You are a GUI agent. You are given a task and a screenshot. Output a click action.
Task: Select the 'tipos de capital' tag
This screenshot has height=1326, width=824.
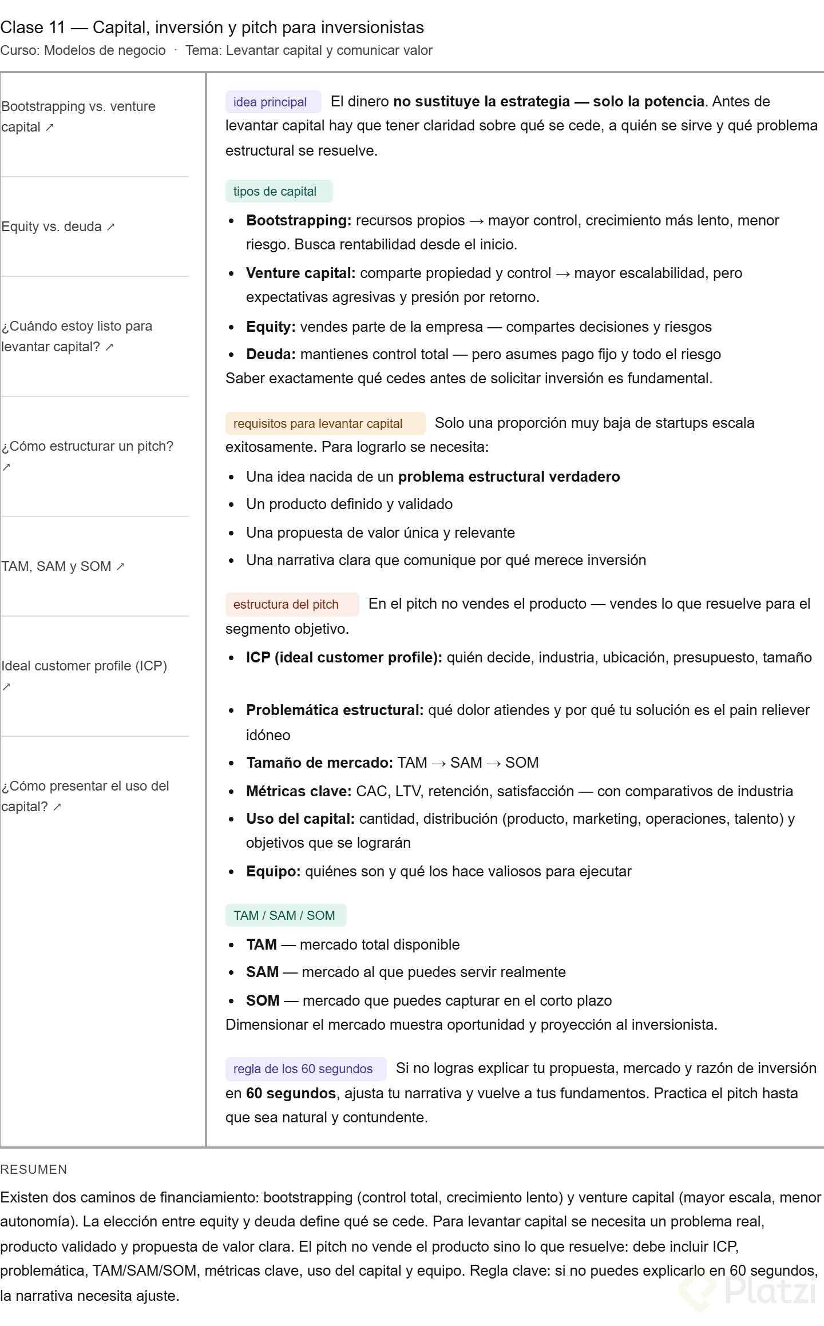279,192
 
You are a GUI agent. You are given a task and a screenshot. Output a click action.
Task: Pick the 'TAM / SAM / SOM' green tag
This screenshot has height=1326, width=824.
286,916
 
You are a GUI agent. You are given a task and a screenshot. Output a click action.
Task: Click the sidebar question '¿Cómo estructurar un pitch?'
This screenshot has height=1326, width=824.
87,447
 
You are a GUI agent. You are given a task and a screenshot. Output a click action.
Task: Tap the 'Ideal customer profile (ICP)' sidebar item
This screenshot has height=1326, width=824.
84,666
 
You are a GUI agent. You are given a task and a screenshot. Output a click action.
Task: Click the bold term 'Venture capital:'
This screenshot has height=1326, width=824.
300,273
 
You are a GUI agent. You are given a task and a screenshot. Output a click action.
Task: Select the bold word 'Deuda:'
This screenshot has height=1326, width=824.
271,355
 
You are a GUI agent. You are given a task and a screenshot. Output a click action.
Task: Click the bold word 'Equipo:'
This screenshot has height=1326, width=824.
273,872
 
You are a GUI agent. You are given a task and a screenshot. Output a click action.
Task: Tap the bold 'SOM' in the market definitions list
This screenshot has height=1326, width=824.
263,1001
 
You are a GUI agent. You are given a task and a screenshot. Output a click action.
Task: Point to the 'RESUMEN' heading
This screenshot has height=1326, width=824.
34,1170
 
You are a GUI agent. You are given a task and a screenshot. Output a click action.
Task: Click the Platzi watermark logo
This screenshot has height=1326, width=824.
750,1290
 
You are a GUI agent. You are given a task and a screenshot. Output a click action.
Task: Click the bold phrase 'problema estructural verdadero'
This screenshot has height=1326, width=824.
509,477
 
